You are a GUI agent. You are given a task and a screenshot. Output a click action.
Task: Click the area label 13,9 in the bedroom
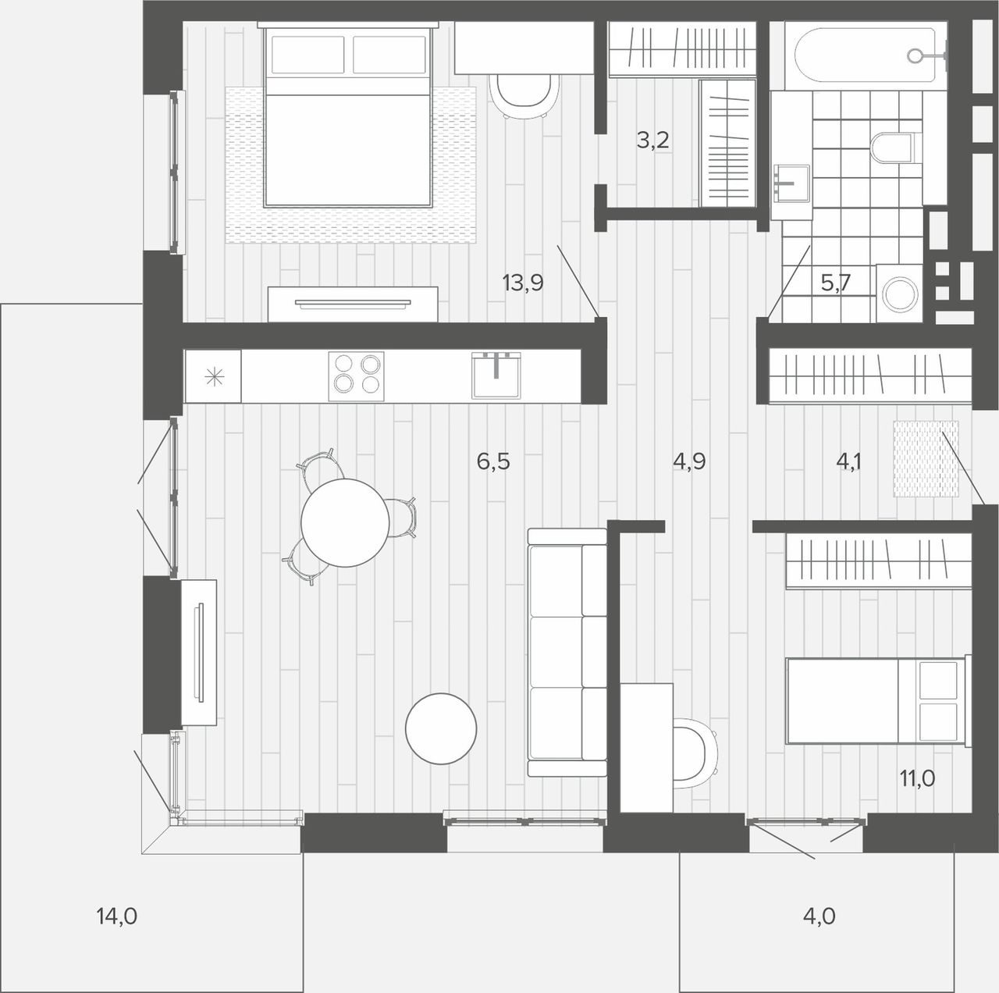pyautogui.click(x=523, y=283)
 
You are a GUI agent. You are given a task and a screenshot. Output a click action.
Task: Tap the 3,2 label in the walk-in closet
pyautogui.click(x=652, y=140)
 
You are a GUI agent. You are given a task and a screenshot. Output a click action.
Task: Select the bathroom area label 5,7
pyautogui.click(x=836, y=283)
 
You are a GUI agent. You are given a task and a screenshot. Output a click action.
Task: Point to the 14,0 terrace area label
pyautogui.click(x=116, y=916)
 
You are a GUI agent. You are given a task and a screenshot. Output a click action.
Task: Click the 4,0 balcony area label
pyautogui.click(x=819, y=916)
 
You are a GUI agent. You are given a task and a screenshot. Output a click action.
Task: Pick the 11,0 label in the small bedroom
pyautogui.click(x=917, y=778)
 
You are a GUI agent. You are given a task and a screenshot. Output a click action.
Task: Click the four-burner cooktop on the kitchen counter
pyautogui.click(x=356, y=376)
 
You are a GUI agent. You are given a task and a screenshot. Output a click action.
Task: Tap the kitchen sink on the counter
pyautogui.click(x=496, y=375)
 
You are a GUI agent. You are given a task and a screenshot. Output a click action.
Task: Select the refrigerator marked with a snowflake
pyautogui.click(x=213, y=376)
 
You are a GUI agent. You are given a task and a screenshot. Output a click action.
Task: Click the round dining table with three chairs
pyautogui.click(x=345, y=522)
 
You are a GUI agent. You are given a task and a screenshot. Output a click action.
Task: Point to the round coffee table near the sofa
pyautogui.click(x=441, y=728)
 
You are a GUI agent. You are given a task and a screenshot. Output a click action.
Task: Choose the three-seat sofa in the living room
pyautogui.click(x=567, y=652)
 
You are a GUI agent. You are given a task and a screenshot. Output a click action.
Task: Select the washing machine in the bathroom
pyautogui.click(x=899, y=294)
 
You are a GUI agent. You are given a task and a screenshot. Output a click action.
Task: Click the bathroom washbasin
pyautogui.click(x=791, y=183)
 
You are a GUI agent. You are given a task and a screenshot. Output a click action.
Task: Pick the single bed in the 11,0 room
pyautogui.click(x=878, y=701)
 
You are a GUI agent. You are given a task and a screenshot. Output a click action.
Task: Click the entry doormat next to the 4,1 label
pyautogui.click(x=926, y=458)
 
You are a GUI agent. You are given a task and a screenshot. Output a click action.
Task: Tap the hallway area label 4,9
pyautogui.click(x=689, y=461)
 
